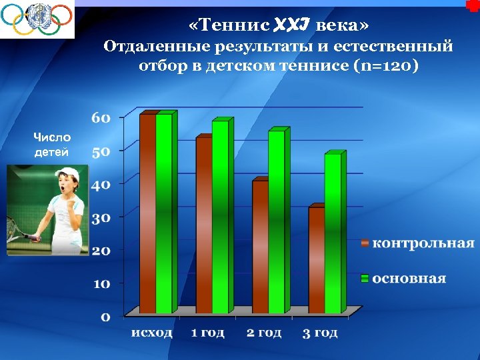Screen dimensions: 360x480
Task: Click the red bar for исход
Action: pyautogui.click(x=147, y=213)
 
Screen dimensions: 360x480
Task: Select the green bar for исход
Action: pyautogui.click(x=164, y=213)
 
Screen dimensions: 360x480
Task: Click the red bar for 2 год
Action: pyautogui.click(x=259, y=247)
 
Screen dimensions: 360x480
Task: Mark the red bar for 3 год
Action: pyautogui.click(x=315, y=260)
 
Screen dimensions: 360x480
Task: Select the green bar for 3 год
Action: pyautogui.click(x=332, y=233)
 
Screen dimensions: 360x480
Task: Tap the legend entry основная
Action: pyautogui.click(x=409, y=278)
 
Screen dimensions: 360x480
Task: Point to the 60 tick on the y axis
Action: pyautogui.click(x=101, y=118)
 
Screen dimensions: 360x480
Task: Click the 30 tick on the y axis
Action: pyautogui.click(x=101, y=218)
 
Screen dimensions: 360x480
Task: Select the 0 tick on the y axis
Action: pyautogui.click(x=105, y=317)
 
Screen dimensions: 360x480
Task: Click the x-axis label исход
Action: pyautogui.click(x=151, y=333)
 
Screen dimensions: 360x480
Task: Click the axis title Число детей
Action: pyautogui.click(x=51, y=144)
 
